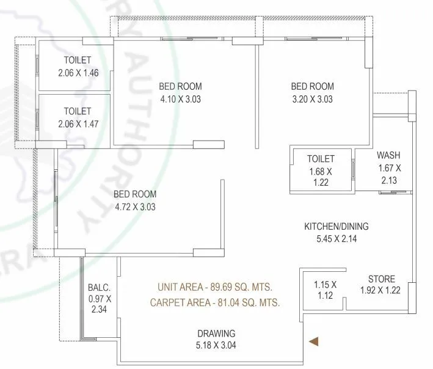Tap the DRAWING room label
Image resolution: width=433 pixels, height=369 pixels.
(x=216, y=334)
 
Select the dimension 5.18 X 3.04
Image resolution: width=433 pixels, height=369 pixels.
(x=216, y=346)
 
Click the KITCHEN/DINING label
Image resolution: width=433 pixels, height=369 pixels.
(x=337, y=227)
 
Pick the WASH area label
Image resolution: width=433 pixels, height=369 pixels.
(x=388, y=155)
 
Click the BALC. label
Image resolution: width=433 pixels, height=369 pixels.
(x=98, y=287)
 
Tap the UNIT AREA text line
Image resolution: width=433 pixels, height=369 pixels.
(x=215, y=287)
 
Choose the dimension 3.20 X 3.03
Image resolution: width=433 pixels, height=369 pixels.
(x=313, y=98)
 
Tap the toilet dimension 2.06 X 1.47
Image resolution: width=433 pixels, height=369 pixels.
(x=78, y=123)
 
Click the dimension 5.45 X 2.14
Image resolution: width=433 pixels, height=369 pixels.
(x=336, y=239)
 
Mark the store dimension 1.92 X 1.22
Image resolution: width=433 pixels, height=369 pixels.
(x=380, y=290)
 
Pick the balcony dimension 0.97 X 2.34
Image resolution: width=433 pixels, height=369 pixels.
(x=98, y=304)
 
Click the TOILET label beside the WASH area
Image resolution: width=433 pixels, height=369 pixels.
(x=321, y=158)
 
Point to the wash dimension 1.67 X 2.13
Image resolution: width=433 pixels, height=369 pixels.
(x=389, y=174)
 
